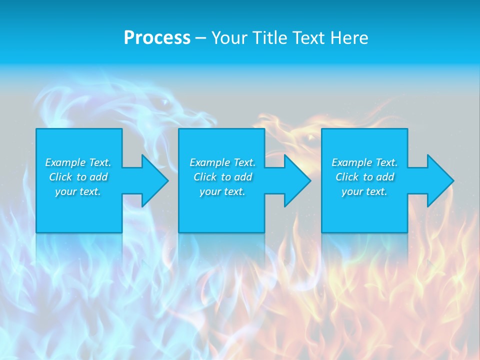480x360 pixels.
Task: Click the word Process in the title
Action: [157, 38]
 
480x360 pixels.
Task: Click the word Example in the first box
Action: [65, 162]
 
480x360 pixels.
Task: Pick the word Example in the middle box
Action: [209, 162]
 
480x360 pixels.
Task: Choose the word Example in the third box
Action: [351, 162]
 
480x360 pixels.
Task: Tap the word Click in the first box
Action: [60, 177]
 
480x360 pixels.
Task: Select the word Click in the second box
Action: [205, 177]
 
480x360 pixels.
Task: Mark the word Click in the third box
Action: [347, 177]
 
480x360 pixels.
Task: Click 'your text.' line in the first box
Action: [78, 191]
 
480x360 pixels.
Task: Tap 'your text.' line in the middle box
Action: [222, 191]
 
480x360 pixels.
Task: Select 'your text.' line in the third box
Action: [364, 191]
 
